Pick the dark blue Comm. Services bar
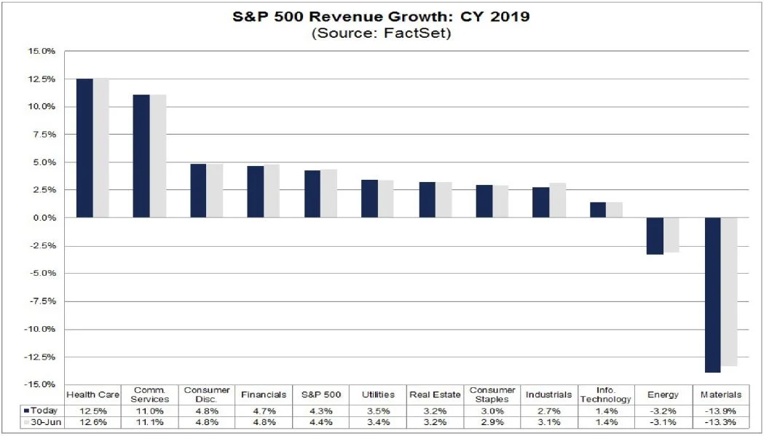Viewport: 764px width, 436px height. point(141,156)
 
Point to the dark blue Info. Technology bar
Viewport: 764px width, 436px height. point(597,210)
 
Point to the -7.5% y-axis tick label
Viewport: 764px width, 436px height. point(41,301)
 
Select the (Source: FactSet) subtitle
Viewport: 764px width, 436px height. point(382,34)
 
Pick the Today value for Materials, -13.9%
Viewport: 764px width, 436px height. point(721,411)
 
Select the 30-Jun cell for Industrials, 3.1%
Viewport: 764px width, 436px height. point(549,424)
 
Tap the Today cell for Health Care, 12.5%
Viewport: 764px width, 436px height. point(93,411)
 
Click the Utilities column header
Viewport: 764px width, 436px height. point(378,395)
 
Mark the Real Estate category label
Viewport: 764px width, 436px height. point(436,395)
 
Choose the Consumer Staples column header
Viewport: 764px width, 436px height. point(492,395)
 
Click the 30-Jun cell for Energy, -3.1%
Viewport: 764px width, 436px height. point(663,424)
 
